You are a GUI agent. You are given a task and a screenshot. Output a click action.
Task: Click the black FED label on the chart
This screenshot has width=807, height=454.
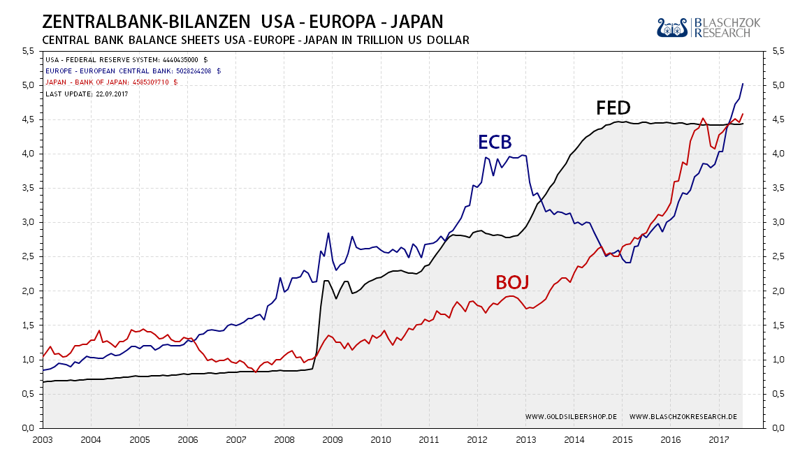(x=613, y=108)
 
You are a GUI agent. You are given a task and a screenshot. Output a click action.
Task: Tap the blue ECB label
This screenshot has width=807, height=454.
(x=495, y=142)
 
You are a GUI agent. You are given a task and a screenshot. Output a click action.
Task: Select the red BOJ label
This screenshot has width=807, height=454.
(x=512, y=282)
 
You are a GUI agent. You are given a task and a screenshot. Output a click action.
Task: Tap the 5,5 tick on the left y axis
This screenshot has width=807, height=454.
(x=28, y=51)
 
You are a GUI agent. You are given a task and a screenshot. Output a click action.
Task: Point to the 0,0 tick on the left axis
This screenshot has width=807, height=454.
(x=28, y=427)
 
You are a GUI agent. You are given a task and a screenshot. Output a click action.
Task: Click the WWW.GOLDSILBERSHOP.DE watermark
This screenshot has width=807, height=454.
(x=570, y=416)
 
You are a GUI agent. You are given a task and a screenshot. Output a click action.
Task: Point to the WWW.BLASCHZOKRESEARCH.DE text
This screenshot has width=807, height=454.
(x=683, y=416)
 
